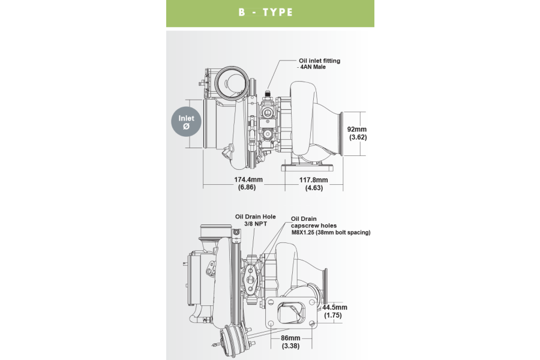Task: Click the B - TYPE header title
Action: point(265,12)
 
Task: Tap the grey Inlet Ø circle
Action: point(187,122)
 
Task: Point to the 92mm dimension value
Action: point(358,129)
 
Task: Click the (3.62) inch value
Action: point(358,137)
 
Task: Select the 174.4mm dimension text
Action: point(248,179)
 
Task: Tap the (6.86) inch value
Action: point(247,188)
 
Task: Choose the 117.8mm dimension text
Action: point(313,179)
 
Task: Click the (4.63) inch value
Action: point(313,188)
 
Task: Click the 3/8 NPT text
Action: point(256,224)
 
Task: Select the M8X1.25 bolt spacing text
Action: point(331,232)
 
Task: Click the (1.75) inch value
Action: point(333,315)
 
